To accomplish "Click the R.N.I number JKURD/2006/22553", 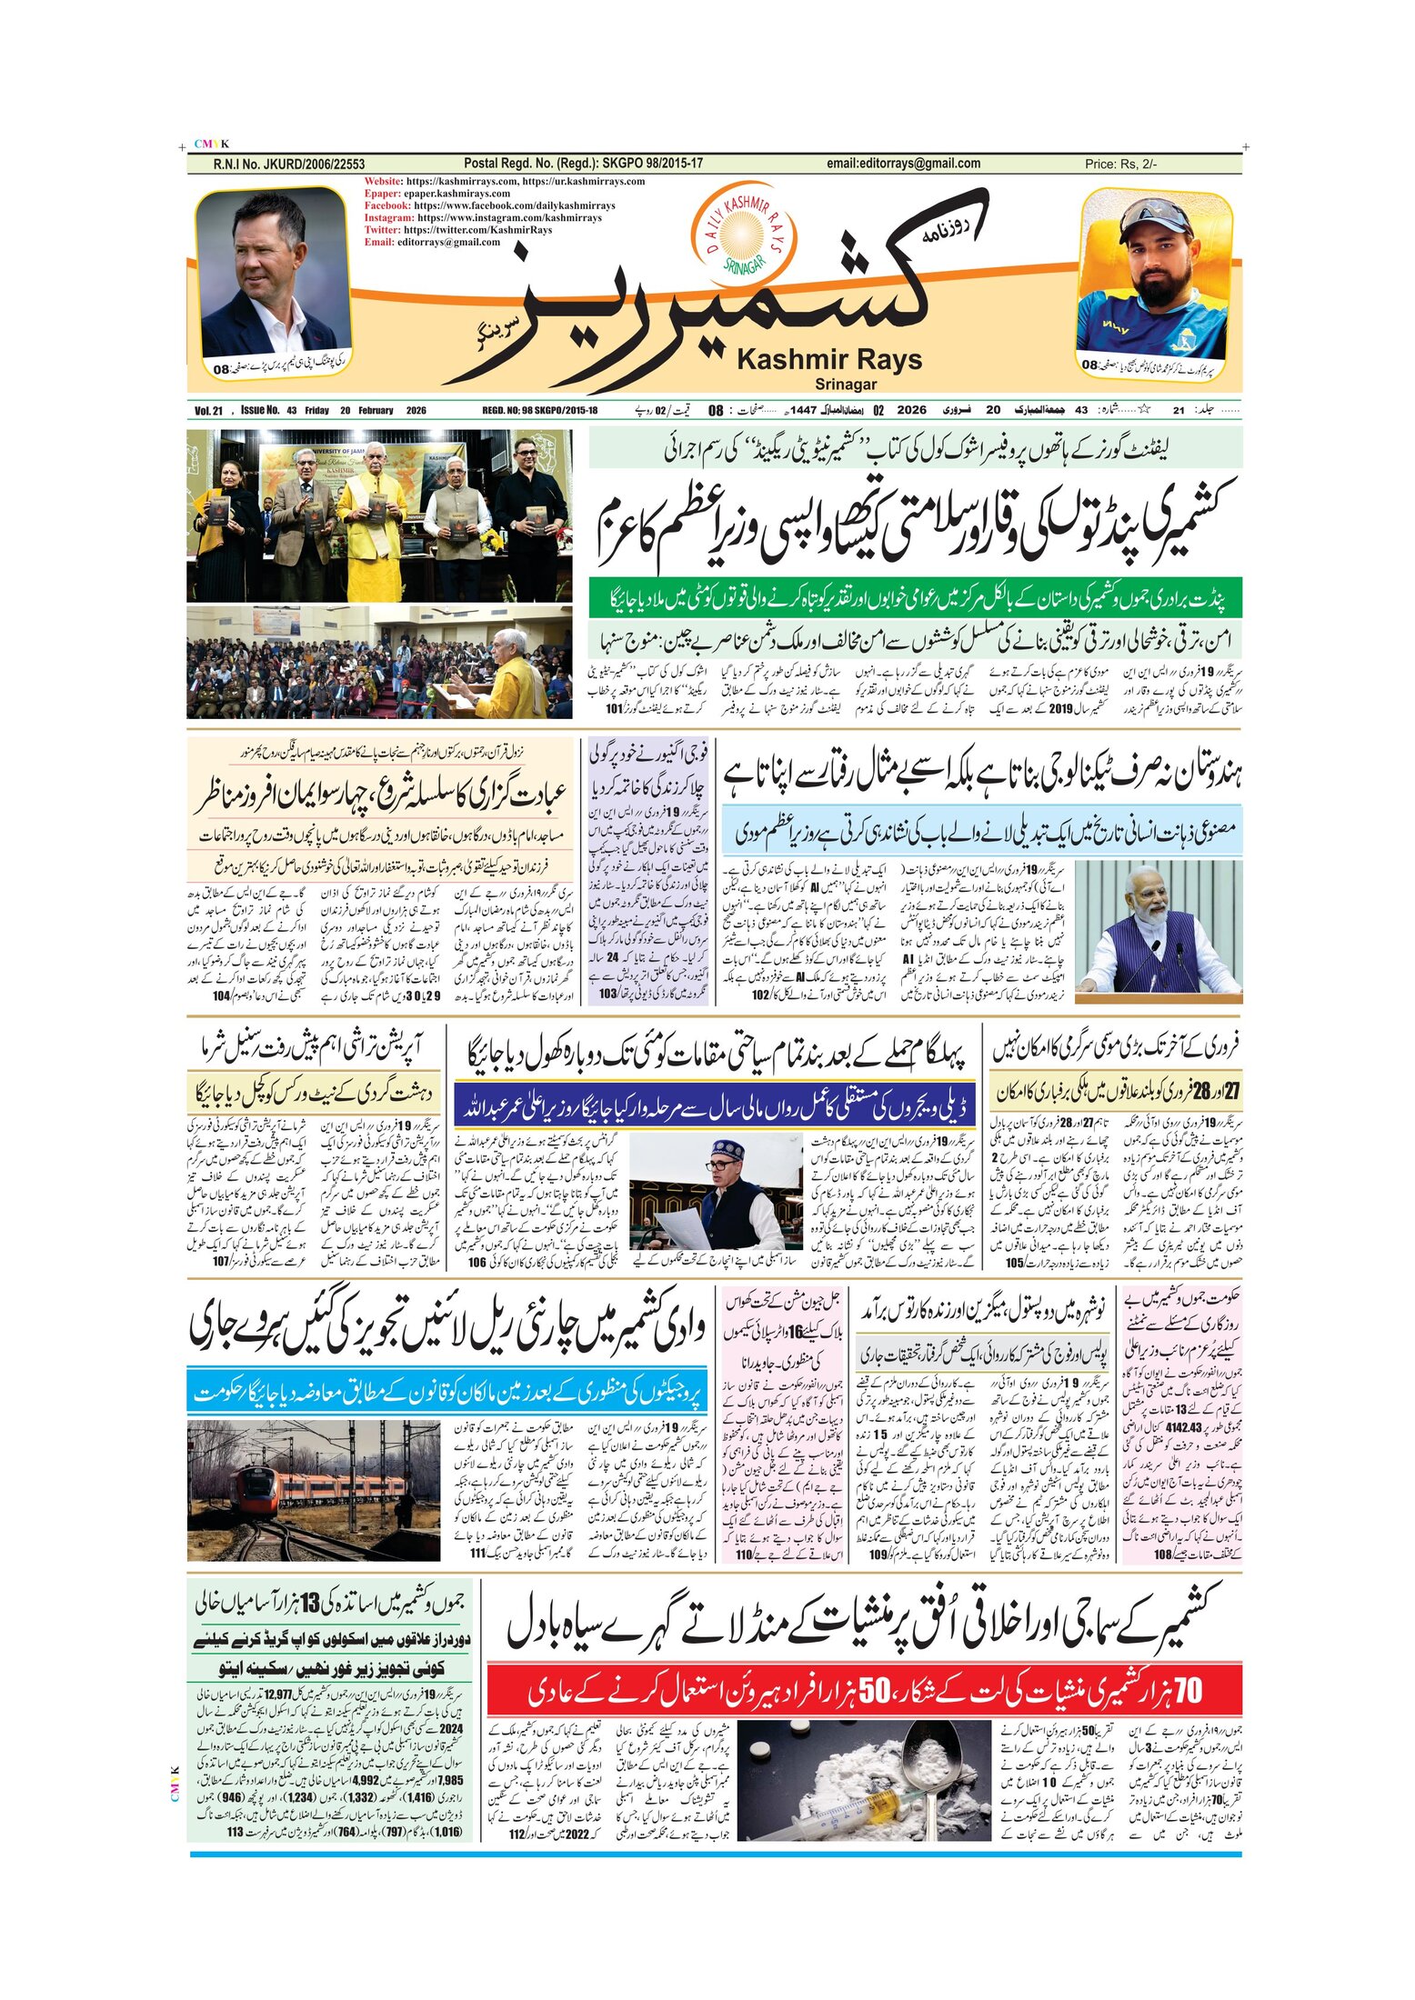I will point(288,165).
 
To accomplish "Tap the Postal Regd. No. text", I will point(583,164).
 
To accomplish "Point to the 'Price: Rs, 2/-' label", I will point(1120,165).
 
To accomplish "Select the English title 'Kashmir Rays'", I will point(828,360).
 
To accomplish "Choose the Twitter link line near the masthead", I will point(458,230).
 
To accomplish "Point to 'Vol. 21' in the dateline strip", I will point(208,411).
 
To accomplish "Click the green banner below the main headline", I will point(914,599).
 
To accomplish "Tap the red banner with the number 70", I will point(864,1691).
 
